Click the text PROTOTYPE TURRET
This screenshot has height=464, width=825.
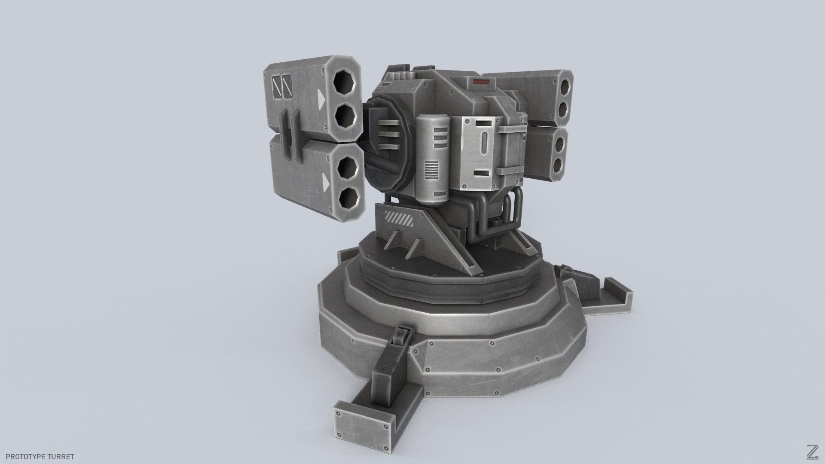point(40,457)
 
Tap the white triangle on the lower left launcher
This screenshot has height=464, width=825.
point(326,184)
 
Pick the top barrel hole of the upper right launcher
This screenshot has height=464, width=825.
point(565,84)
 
